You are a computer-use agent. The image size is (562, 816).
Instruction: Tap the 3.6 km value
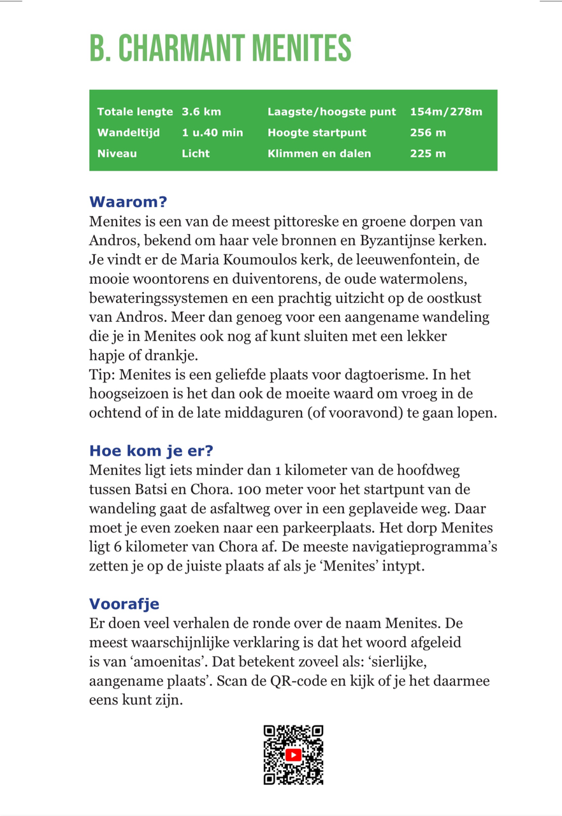coord(201,112)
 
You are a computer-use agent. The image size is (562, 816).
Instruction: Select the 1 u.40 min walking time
coord(212,133)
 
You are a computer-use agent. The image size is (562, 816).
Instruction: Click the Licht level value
coord(196,153)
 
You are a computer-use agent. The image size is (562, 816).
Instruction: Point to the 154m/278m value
coord(446,112)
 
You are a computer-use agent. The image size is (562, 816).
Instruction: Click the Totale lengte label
coord(134,112)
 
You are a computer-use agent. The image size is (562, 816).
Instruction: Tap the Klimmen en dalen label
coord(319,153)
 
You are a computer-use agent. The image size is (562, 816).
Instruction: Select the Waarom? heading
coord(128,202)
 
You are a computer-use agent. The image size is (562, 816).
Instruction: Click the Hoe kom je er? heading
coord(151,451)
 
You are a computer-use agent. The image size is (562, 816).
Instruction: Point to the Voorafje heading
coord(124,603)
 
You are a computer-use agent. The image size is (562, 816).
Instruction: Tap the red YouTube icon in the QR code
coord(293,755)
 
